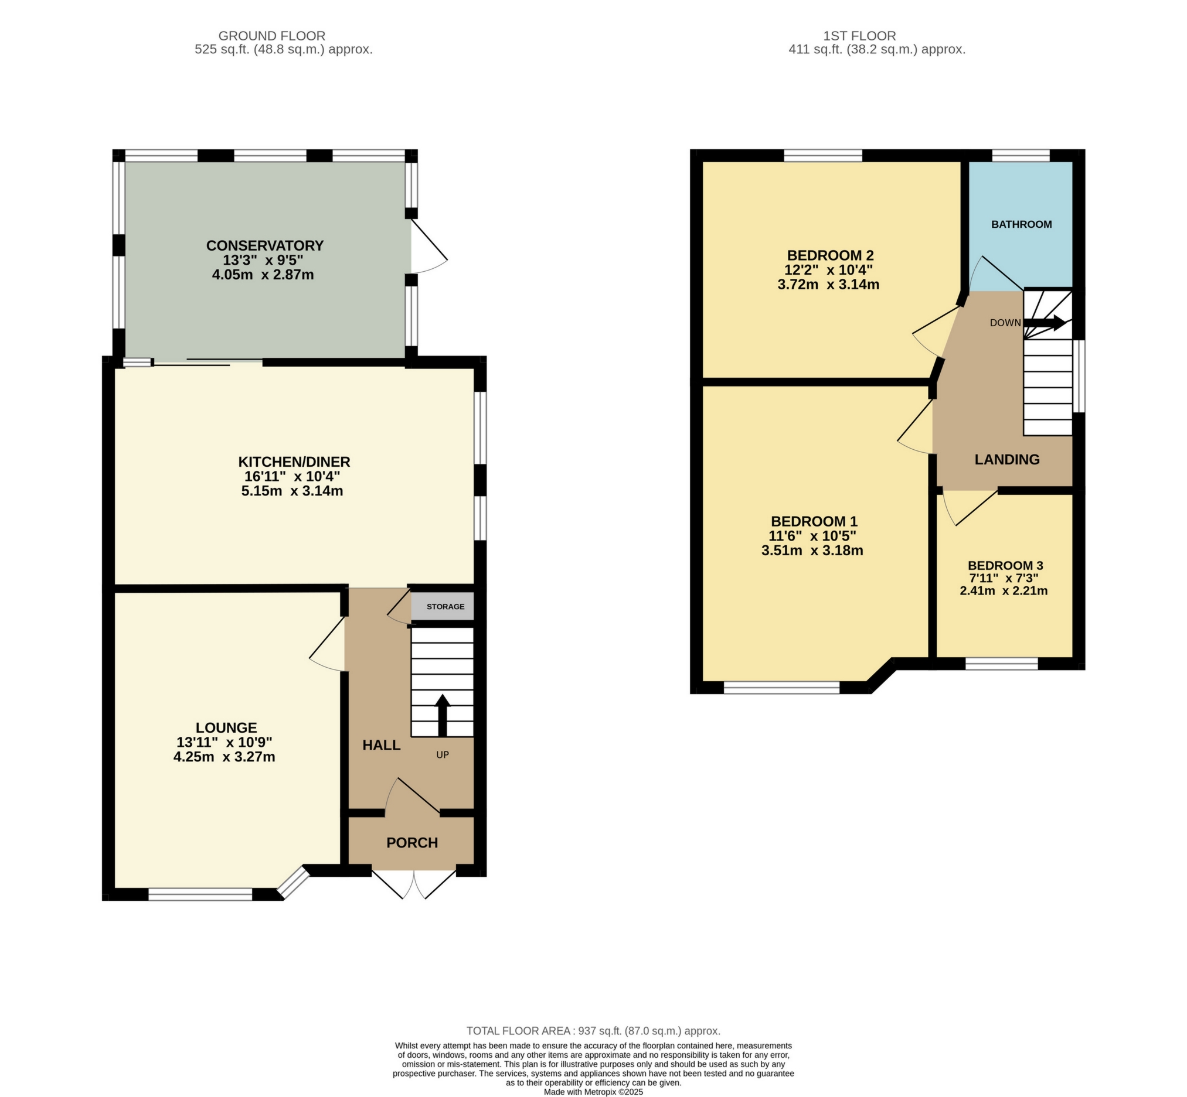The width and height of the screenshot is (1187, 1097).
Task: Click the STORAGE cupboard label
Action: tap(445, 607)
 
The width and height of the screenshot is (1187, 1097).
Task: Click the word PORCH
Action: tap(411, 843)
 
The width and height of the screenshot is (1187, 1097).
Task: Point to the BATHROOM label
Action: tap(1021, 224)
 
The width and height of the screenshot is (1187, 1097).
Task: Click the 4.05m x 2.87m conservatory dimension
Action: tap(263, 275)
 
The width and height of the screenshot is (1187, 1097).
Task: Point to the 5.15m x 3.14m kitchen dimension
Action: tap(292, 491)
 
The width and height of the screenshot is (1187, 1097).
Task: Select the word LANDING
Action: tap(1007, 459)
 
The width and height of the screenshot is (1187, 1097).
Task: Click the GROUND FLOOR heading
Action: tap(271, 36)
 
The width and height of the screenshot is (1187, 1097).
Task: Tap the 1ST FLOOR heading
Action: tap(860, 36)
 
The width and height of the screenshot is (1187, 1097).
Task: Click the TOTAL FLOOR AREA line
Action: tap(593, 1031)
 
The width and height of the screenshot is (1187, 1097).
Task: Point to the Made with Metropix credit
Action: tap(593, 1092)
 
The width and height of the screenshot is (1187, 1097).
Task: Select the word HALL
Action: tap(382, 746)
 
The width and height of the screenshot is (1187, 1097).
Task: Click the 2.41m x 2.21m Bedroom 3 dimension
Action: tap(1004, 591)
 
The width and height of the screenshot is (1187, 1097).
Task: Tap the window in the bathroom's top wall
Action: tap(1021, 156)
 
